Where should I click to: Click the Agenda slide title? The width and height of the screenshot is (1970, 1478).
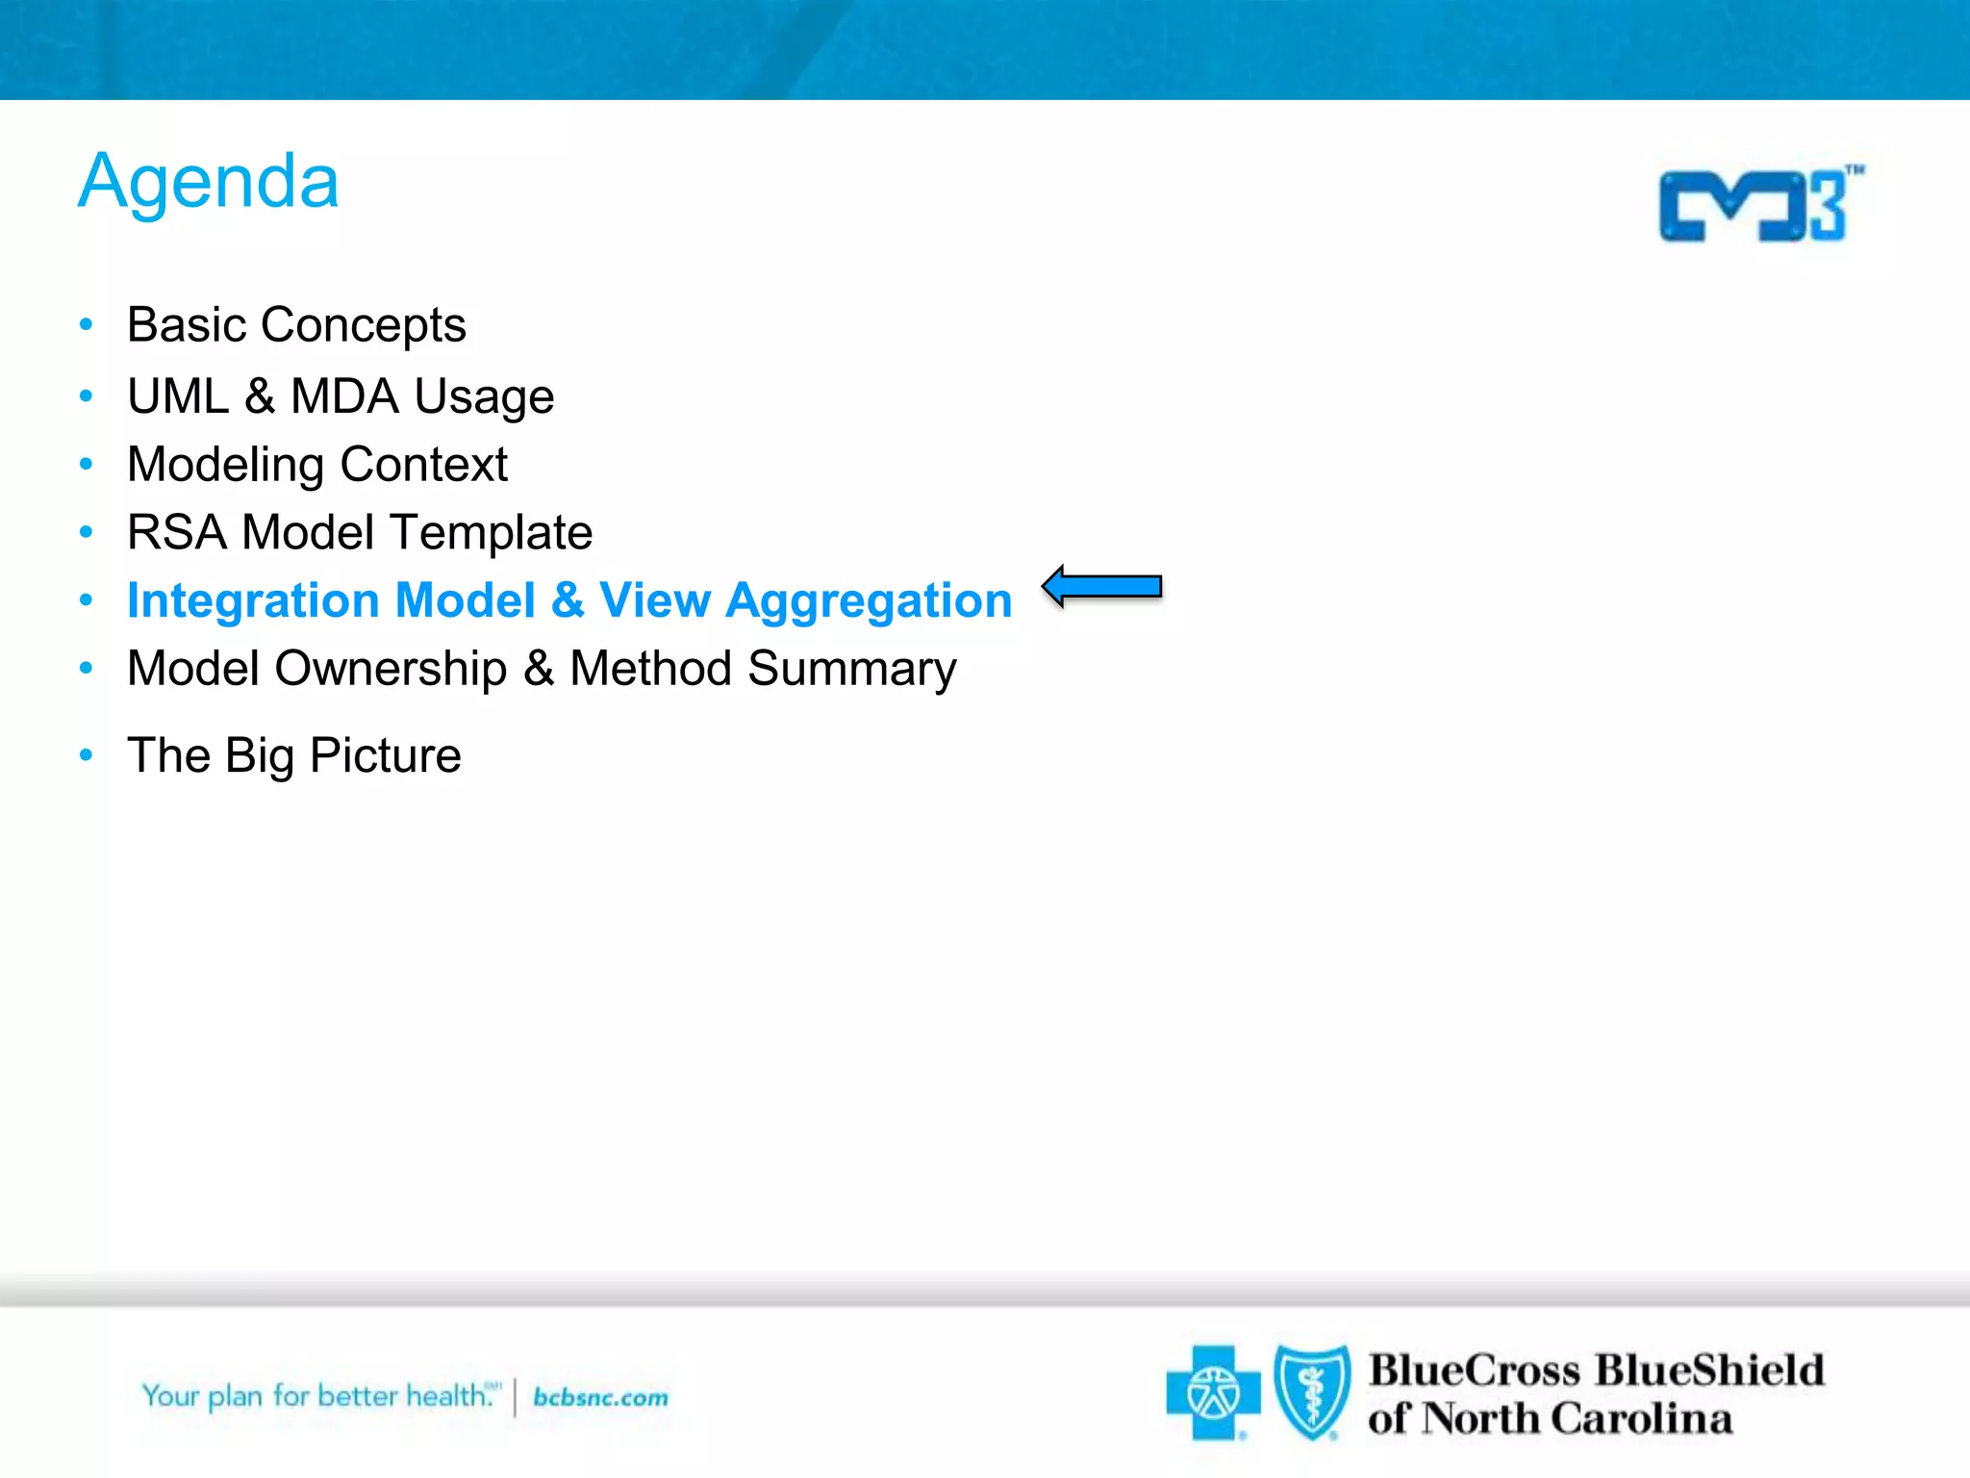coord(209,182)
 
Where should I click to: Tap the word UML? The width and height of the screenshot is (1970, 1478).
coord(178,396)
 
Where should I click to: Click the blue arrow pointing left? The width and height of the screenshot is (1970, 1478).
coord(1102,586)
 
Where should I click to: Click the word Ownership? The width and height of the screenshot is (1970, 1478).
coord(391,669)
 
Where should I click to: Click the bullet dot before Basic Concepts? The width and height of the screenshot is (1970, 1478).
coord(87,325)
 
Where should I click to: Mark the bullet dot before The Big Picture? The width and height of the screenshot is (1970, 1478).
coord(87,755)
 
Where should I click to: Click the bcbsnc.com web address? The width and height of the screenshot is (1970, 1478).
coord(600,1397)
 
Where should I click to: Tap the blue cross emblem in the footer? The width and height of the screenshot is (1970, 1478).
coord(1213,1392)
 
